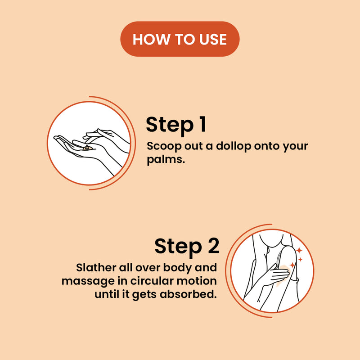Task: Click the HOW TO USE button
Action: click(180, 39)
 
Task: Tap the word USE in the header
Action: click(213, 39)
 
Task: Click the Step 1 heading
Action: click(176, 125)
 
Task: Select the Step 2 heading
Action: click(187, 246)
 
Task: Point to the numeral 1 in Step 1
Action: click(202, 124)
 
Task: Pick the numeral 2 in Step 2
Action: click(214, 245)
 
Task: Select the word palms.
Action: click(166, 160)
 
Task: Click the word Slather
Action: click(96, 267)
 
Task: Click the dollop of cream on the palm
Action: click(87, 148)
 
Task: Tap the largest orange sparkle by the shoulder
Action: click(299, 250)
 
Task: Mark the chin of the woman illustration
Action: click(272, 246)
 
